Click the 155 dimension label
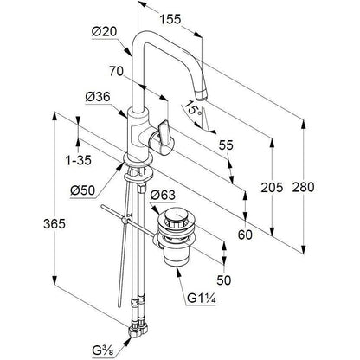(x=170, y=20)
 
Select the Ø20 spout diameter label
(x=104, y=32)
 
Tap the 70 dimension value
(x=116, y=71)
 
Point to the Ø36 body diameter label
(x=98, y=97)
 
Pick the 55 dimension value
(x=226, y=145)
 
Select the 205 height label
(x=272, y=188)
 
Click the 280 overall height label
(x=303, y=187)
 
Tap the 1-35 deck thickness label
(x=79, y=160)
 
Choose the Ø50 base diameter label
(x=82, y=190)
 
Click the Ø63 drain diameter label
(x=163, y=196)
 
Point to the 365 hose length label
(x=55, y=224)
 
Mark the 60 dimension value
(x=245, y=235)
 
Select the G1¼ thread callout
(x=202, y=299)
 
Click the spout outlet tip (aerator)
(x=201, y=94)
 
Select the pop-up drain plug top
(x=176, y=216)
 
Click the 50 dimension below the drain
(x=224, y=280)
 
